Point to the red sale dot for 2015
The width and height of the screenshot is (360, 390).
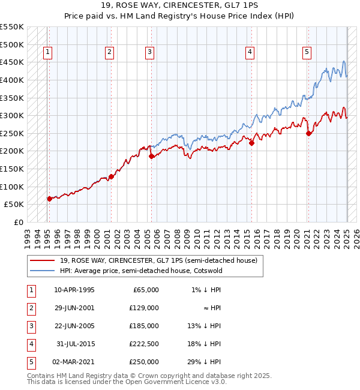point(252,143)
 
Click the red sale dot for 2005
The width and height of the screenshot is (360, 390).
point(151,156)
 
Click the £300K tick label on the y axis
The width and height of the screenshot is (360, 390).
point(12,115)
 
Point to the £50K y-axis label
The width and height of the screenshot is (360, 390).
point(14,204)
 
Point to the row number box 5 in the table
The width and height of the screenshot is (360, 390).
point(31,362)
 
